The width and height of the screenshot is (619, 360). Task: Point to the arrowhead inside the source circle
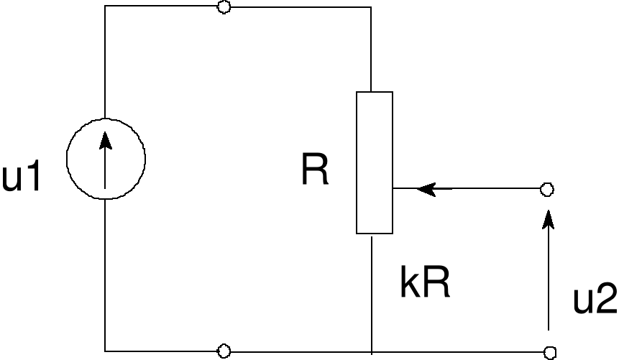(x=106, y=139)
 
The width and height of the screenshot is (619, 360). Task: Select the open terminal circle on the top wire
(x=224, y=7)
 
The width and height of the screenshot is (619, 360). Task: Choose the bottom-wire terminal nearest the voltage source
(x=224, y=351)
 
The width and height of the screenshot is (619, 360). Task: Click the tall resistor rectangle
(x=375, y=162)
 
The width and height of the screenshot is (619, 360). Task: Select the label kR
(x=424, y=285)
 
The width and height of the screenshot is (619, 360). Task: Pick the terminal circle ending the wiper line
(x=546, y=190)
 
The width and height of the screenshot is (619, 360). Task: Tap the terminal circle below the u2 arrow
(x=550, y=352)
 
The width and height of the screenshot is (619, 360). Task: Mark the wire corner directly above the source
(x=105, y=7)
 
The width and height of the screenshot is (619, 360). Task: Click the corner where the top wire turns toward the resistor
(x=371, y=7)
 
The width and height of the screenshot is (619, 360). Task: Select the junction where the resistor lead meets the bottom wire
(x=372, y=351)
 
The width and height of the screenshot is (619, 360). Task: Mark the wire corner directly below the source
(x=105, y=351)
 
